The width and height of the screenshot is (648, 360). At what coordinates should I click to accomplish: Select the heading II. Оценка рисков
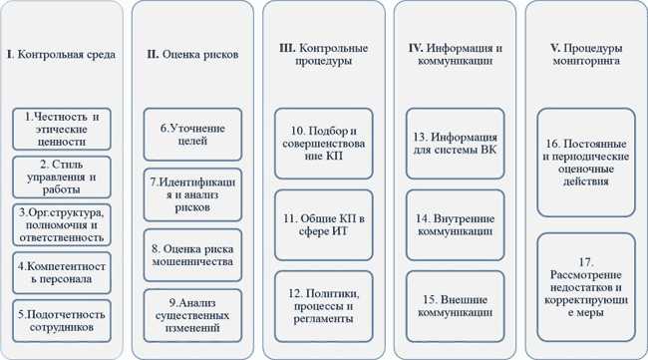point(191,54)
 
